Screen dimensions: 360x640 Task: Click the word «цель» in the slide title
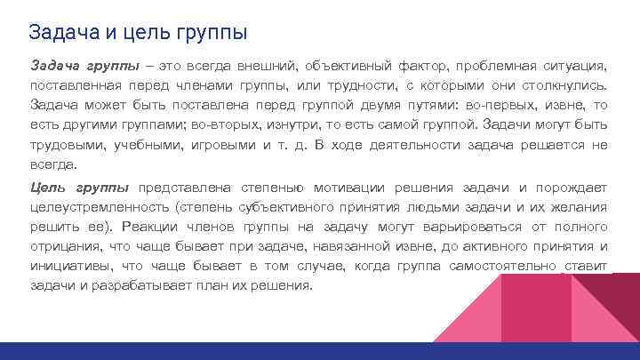(134, 33)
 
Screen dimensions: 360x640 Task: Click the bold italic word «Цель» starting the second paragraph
(45, 188)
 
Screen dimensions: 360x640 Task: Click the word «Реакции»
(150, 227)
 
